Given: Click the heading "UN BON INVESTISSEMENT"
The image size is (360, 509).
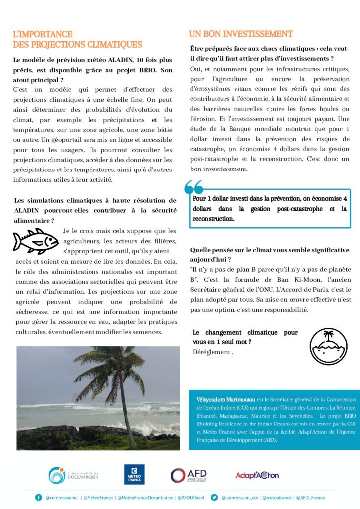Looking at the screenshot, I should [241, 34].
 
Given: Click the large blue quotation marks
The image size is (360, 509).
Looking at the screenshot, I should [194, 187].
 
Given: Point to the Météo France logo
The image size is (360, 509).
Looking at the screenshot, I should [134, 474].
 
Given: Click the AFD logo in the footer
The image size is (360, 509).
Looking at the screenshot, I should [188, 475].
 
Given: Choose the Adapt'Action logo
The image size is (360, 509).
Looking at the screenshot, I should [257, 475].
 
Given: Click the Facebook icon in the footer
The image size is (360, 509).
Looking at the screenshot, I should [38, 497].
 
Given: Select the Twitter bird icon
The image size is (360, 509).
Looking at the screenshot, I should [215, 497].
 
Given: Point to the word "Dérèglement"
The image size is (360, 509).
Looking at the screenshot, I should [211, 352].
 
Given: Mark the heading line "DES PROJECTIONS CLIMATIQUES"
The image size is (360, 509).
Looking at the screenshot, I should [78, 44].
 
